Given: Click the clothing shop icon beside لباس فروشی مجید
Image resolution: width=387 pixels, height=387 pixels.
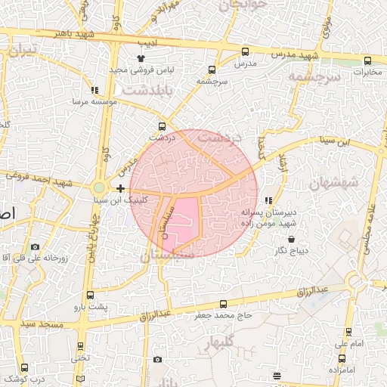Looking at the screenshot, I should pyautogui.click(x=141, y=57).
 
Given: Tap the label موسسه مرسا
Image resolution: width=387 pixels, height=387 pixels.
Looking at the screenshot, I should pyautogui.click(x=93, y=101).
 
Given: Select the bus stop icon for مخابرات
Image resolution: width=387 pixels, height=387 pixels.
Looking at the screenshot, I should pyautogui.click(x=367, y=60).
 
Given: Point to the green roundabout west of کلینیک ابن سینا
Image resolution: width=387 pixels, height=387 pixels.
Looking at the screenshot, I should pyautogui.click(x=99, y=187).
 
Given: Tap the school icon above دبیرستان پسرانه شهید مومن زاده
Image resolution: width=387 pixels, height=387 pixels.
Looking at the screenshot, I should pyautogui.click(x=269, y=200).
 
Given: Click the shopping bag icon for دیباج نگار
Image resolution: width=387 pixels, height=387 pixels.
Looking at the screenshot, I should pyautogui.click(x=271, y=240).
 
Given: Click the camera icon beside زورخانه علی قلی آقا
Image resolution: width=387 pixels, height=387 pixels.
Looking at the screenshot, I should pyautogui.click(x=35, y=246).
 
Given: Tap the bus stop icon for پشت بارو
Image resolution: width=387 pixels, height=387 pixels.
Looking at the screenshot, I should pyautogui.click(x=91, y=295).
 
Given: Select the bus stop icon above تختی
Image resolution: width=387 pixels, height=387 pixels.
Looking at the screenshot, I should pyautogui.click(x=81, y=346).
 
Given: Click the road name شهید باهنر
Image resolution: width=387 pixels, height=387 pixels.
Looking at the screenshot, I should pyautogui.click(x=83, y=36).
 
